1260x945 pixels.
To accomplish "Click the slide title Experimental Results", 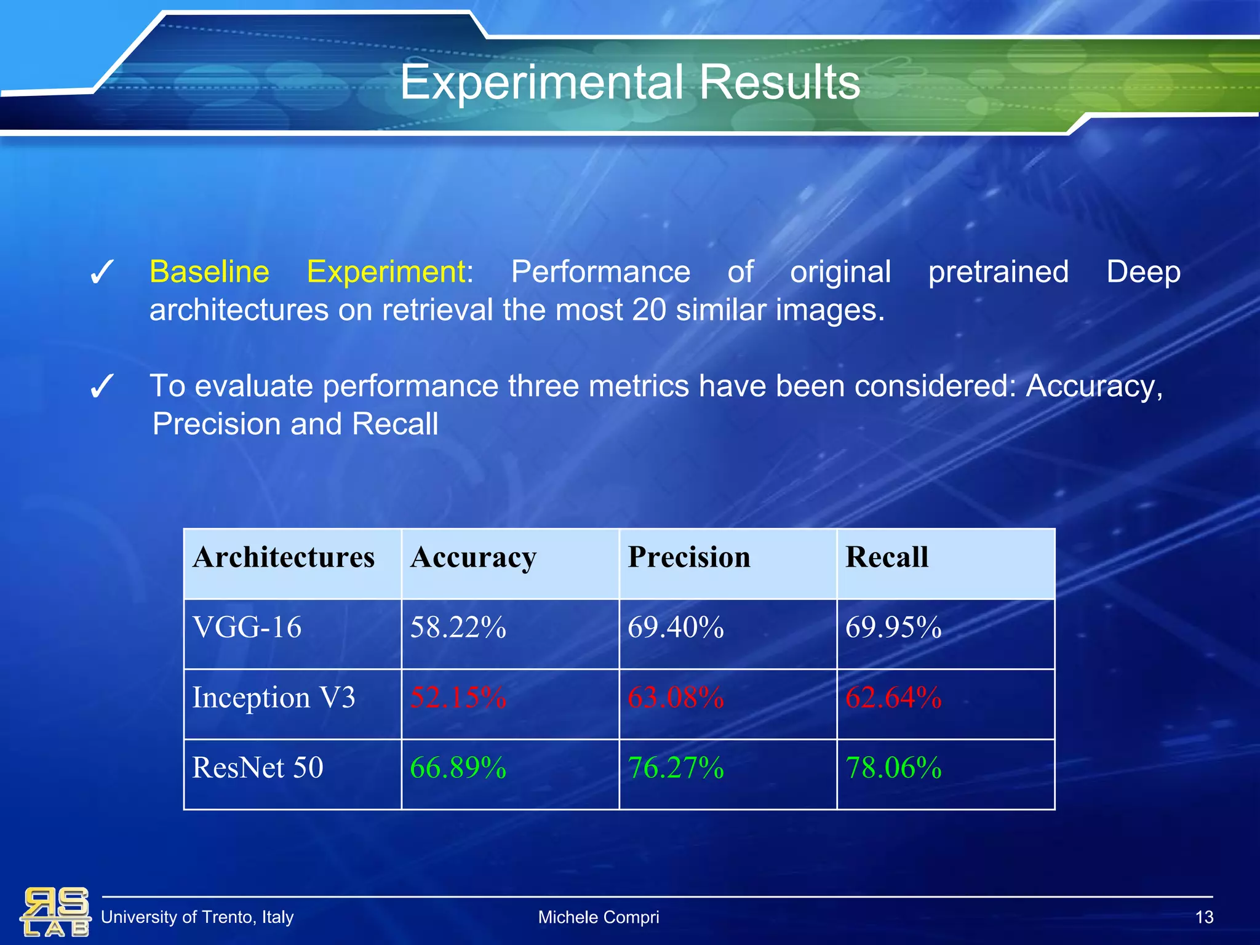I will (629, 83).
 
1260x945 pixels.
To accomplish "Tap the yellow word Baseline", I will (209, 272).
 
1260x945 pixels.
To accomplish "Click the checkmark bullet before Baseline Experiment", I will (102, 273).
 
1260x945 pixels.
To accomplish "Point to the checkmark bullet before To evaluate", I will (102, 387).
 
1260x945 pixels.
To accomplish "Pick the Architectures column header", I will (284, 557).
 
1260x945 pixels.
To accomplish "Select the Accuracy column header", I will (473, 557).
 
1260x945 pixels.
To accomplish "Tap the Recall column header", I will (887, 557).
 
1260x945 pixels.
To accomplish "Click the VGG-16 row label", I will (247, 628).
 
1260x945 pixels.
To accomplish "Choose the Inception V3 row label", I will (274, 698).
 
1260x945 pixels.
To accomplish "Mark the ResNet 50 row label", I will (258, 768).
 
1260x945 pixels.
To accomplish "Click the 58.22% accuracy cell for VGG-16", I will (458, 628).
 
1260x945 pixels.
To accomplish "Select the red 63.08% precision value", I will (676, 698).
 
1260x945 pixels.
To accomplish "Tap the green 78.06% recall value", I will (893, 768).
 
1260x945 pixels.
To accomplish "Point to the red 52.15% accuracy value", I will (458, 698).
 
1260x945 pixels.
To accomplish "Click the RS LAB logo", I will (55, 912).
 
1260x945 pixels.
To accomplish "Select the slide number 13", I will (1203, 917).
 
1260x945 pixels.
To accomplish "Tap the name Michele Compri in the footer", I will (598, 917).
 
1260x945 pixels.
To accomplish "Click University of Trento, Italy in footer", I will (197, 917).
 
